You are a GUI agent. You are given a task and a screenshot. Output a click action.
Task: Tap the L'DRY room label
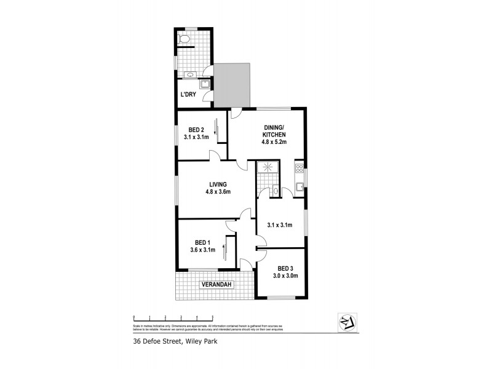point(188,94)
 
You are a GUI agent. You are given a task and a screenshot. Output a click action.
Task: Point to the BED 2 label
point(196,129)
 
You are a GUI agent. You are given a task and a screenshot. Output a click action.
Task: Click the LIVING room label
point(218,184)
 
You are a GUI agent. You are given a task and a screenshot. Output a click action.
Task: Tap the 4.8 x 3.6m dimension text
point(218,192)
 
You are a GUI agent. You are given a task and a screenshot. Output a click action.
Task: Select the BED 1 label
point(202,242)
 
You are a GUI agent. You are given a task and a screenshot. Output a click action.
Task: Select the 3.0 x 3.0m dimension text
point(285,276)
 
